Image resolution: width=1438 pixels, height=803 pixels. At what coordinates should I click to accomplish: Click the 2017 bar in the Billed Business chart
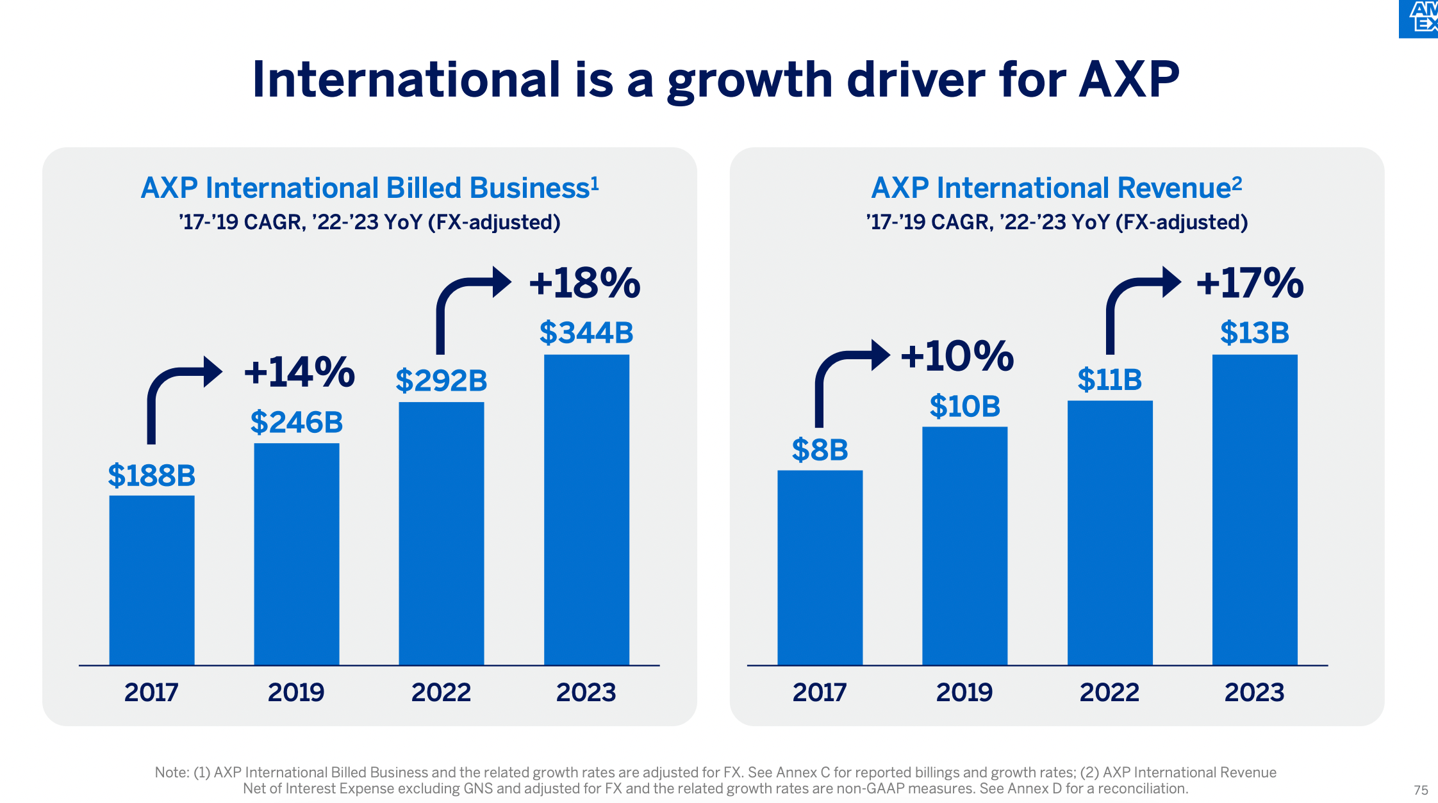pos(152,580)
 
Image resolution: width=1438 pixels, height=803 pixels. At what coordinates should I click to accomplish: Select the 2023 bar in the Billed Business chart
pos(586,509)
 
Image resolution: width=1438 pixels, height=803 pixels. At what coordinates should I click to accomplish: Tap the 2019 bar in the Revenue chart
pos(964,546)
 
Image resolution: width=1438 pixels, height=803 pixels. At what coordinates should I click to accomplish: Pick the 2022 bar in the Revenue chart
pos(1110,533)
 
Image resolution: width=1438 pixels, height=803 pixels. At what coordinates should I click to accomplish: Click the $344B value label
pos(586,333)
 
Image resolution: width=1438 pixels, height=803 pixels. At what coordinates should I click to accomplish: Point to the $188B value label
pos(152,476)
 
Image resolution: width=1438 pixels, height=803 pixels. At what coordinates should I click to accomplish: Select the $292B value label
pos(442,381)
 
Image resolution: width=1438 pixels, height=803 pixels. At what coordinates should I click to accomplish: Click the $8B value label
pos(820,450)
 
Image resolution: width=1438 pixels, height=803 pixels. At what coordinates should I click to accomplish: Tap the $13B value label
pos(1255,333)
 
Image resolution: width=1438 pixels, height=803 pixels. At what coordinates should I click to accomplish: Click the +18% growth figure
pos(584,283)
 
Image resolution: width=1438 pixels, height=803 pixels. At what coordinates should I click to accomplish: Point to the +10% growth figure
pos(957,356)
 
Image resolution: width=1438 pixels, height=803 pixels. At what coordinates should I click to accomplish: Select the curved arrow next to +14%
pos(179,394)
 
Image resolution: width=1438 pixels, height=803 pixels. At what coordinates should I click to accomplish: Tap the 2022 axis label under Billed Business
pos(441,692)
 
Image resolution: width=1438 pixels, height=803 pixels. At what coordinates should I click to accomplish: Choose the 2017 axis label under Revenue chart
pos(820,692)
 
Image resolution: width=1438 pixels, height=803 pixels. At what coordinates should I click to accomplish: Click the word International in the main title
pos(407,80)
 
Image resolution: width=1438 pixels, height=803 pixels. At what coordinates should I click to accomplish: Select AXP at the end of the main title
pos(1129,80)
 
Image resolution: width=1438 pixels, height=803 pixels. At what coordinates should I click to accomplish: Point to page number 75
pos(1421,790)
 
